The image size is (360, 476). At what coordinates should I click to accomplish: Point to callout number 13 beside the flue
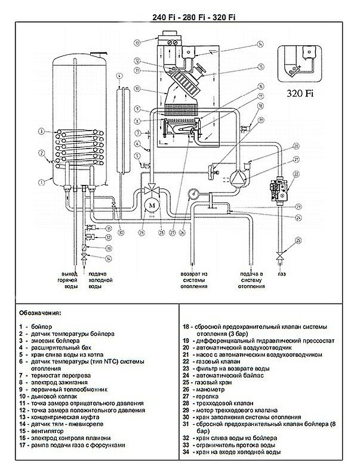[x=137, y=42]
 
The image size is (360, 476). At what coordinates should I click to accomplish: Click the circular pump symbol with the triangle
[x=239, y=176]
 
